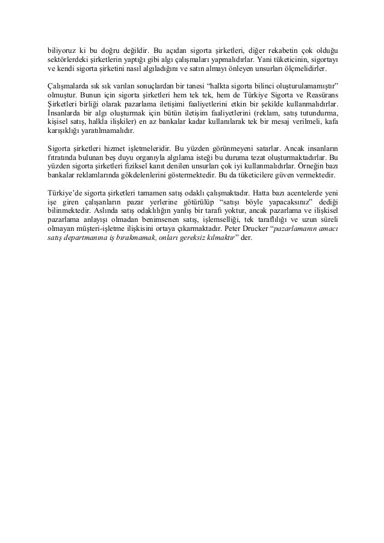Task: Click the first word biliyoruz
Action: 61,49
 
